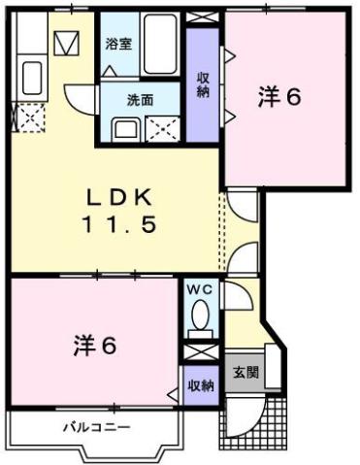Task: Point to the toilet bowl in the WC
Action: click(x=201, y=316)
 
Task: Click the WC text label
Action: click(x=199, y=289)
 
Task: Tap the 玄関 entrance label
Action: click(x=245, y=373)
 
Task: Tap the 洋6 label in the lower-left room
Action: click(x=95, y=345)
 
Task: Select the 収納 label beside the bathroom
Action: click(x=204, y=83)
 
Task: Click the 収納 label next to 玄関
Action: click(x=201, y=385)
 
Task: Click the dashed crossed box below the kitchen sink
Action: click(x=30, y=118)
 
